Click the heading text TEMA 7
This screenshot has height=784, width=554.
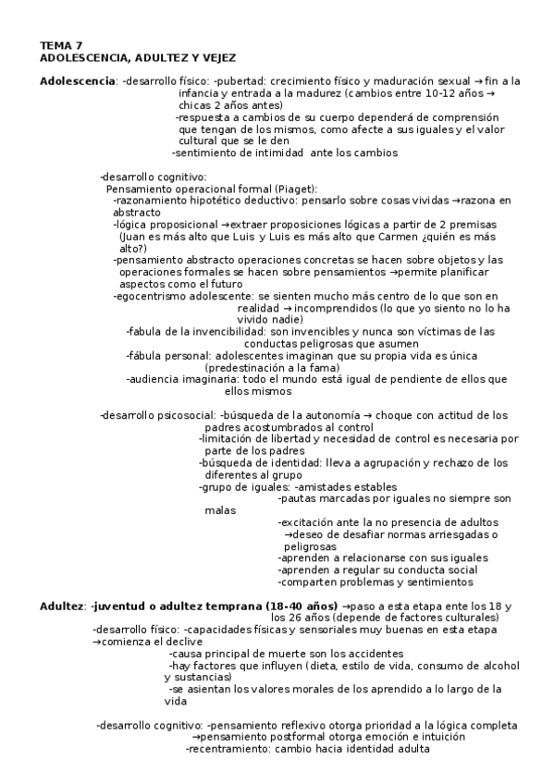click(x=60, y=44)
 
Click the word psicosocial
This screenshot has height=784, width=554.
click(x=186, y=415)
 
